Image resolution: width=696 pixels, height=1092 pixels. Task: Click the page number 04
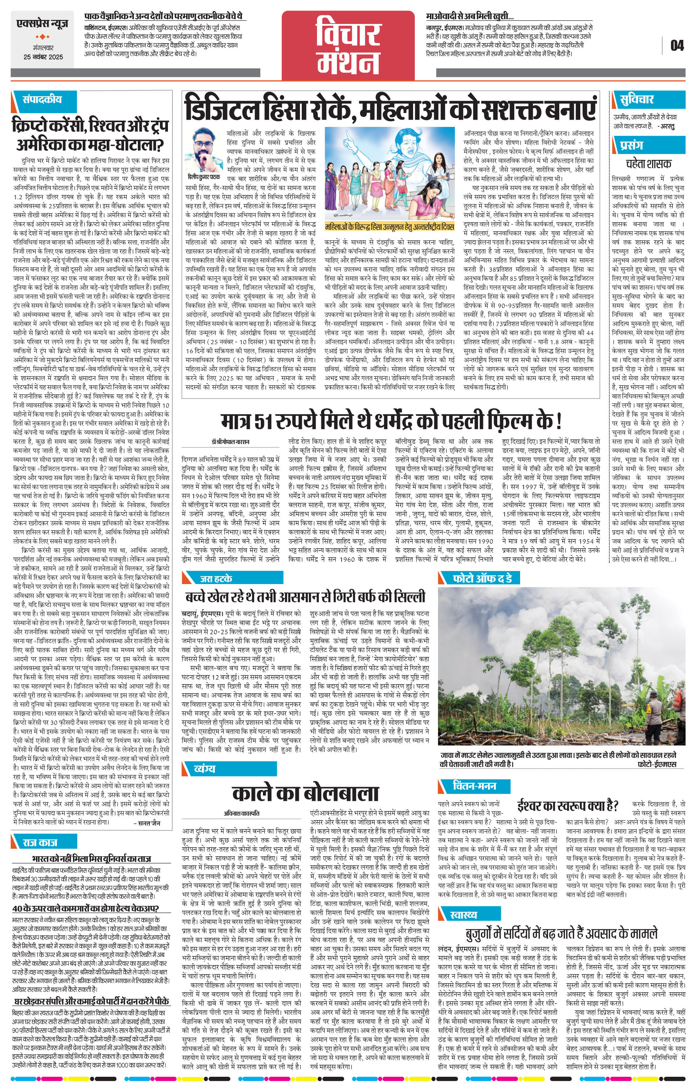tap(676, 45)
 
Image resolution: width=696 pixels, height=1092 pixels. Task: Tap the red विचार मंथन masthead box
tap(348, 45)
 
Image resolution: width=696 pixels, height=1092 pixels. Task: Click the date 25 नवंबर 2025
tap(43, 58)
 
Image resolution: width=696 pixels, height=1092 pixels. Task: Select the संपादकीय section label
tap(42, 99)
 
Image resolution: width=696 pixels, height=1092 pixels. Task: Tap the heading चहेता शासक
tap(648, 163)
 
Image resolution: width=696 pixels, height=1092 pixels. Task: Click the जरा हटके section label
tap(216, 578)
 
